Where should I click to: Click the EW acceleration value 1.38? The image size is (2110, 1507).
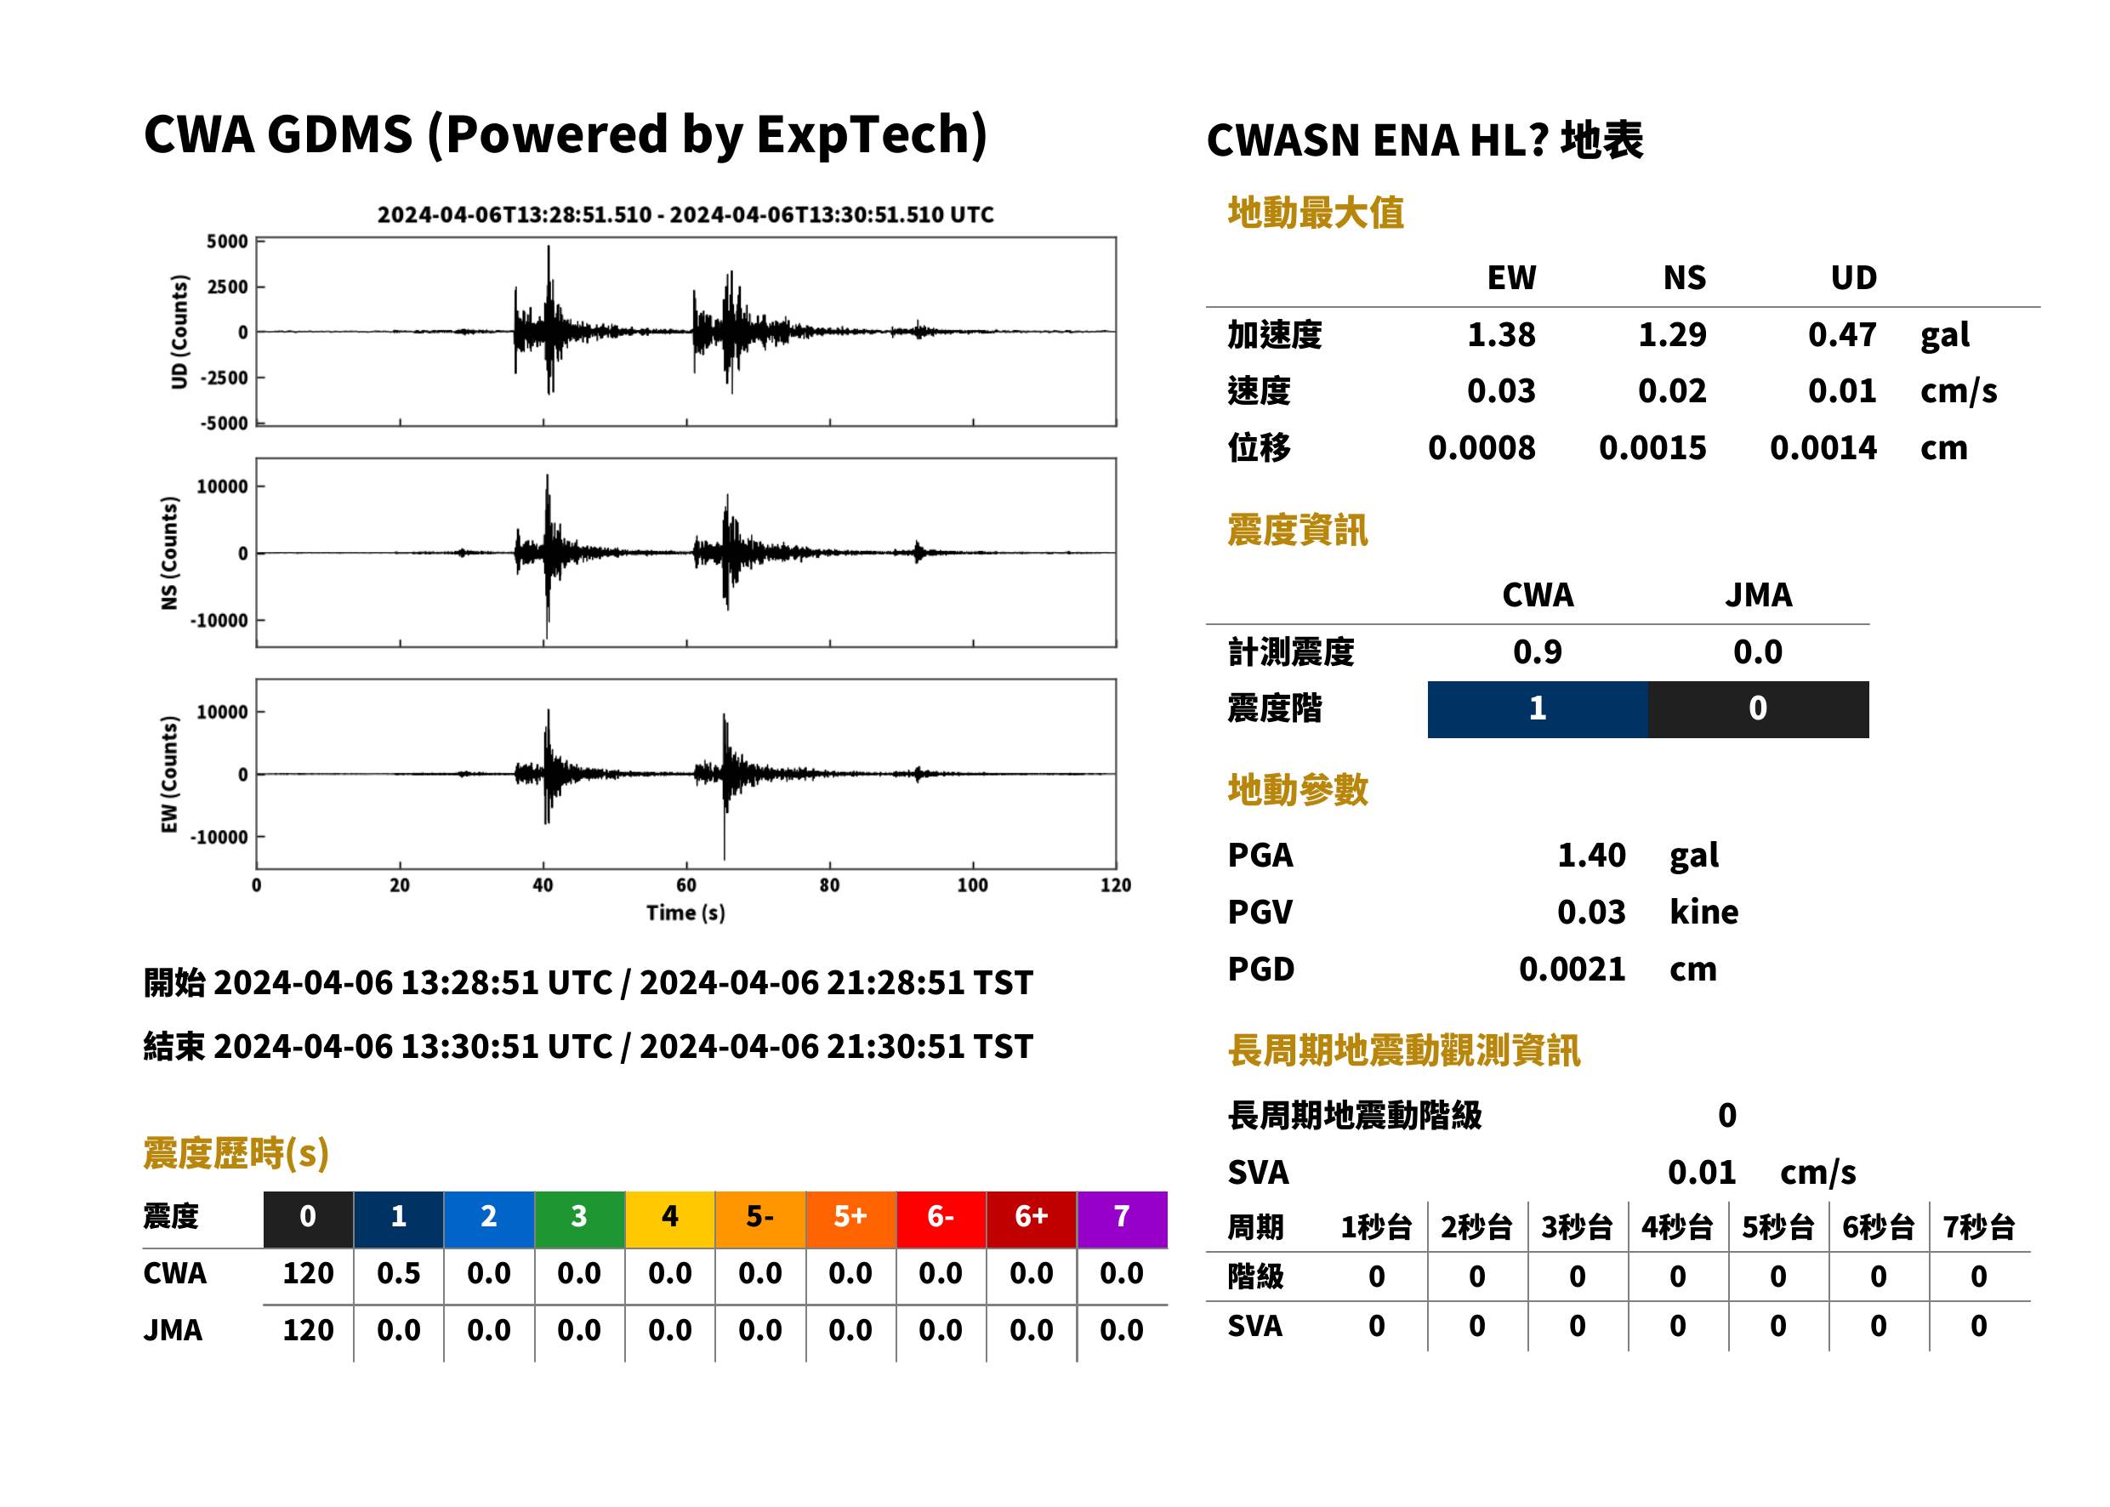tap(1500, 334)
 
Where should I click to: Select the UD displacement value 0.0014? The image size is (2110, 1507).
tap(1823, 447)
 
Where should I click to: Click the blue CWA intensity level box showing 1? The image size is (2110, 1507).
tap(1538, 709)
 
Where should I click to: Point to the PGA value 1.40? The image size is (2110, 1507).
tap(1591, 855)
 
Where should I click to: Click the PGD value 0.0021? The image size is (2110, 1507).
tap(1572, 969)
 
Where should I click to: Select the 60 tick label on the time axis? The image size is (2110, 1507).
tap(685, 885)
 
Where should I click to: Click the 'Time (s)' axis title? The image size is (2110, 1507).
tap(685, 913)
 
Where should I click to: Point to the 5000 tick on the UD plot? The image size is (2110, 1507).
tap(227, 242)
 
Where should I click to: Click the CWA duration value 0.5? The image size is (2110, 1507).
tap(398, 1273)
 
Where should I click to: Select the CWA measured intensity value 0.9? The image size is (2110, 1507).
tap(1538, 651)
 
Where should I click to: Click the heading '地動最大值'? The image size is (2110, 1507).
tap(1316, 213)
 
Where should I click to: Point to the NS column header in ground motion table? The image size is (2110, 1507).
tap(1684, 277)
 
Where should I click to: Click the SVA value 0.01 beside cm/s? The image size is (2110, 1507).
tap(1702, 1172)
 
